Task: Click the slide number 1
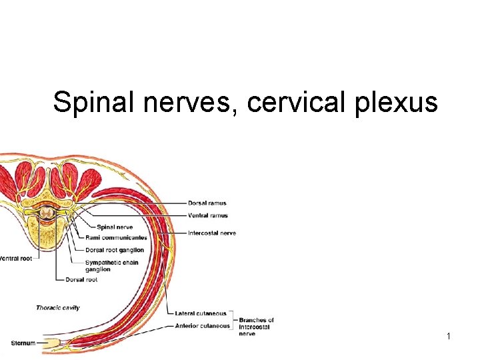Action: click(449, 337)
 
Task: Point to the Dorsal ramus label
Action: click(207, 203)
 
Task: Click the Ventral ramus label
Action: click(207, 215)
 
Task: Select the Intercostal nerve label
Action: click(211, 233)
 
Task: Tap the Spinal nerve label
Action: click(115, 227)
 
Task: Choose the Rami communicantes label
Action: click(116, 237)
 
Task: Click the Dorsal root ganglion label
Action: click(115, 250)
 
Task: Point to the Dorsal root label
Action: click(81, 280)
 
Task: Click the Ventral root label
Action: click(15, 259)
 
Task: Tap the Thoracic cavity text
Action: click(58, 308)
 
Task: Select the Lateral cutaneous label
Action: click(201, 313)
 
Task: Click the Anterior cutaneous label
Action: click(203, 326)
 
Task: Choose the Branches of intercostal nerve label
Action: click(256, 327)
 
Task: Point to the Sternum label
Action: click(23, 343)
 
